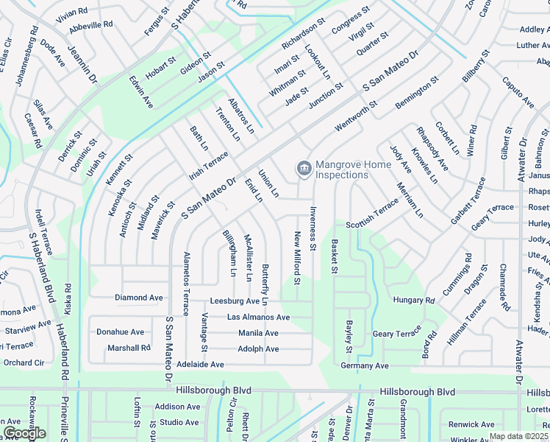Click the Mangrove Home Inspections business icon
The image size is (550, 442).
click(x=303, y=169)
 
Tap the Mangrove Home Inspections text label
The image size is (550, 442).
click(x=342, y=170)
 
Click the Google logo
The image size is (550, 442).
click(x=24, y=432)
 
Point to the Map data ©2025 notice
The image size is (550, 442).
click(x=519, y=436)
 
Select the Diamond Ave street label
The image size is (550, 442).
click(x=138, y=298)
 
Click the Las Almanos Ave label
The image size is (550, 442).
click(x=258, y=317)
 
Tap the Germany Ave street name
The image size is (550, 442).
click(x=365, y=365)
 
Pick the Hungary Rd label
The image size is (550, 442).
click(x=414, y=300)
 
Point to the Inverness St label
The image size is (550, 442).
click(x=312, y=228)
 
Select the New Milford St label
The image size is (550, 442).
click(x=297, y=258)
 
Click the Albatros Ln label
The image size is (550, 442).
click(x=240, y=115)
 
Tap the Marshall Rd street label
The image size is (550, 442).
click(x=129, y=348)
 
